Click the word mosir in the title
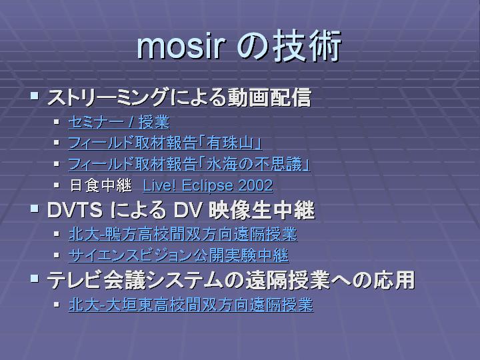pyautogui.click(x=181, y=47)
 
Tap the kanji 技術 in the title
pyautogui.click(x=307, y=47)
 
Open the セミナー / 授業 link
pyautogui.click(x=119, y=122)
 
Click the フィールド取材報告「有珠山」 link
pyautogui.click(x=165, y=143)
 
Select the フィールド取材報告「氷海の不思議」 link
pyautogui.click(x=189, y=165)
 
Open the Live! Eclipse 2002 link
pyautogui.click(x=208, y=185)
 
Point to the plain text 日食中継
pyautogui.click(x=101, y=185)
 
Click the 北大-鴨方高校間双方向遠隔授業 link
pyautogui.click(x=183, y=234)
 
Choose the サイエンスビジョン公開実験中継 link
pyautogui.click(x=179, y=255)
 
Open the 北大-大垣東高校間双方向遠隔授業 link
pyautogui.click(x=191, y=304)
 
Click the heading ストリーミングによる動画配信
pyautogui.click(x=179, y=97)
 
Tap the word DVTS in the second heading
pyautogui.click(x=75, y=210)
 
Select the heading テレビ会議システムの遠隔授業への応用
pyautogui.click(x=231, y=280)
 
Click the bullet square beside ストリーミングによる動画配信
pyautogui.click(x=34, y=96)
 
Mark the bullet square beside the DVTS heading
pyautogui.click(x=34, y=209)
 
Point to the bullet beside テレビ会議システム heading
pyautogui.click(x=34, y=278)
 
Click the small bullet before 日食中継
pyautogui.click(x=56, y=185)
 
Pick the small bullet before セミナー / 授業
pyautogui.click(x=56, y=122)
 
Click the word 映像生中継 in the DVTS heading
pyautogui.click(x=262, y=210)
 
